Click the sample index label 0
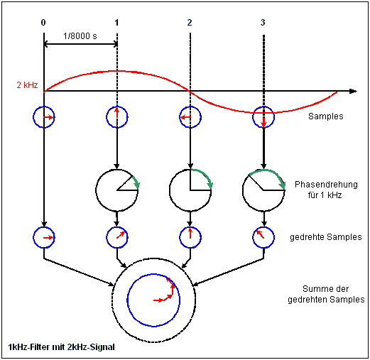point(43,23)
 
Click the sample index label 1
point(116,23)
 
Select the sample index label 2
point(190,23)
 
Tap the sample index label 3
point(263,23)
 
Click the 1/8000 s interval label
point(80,37)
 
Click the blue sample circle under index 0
point(44,116)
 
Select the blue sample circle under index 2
point(190,116)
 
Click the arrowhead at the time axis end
point(352,91)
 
